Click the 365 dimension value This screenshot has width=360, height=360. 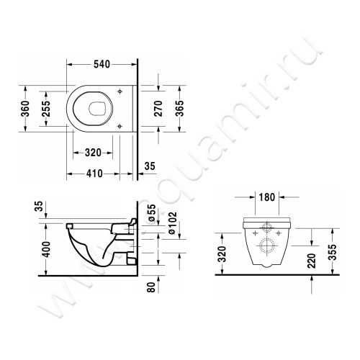coord(186,107)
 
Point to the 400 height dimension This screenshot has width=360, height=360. coord(27,248)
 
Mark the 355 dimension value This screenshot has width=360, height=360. coord(331,252)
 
